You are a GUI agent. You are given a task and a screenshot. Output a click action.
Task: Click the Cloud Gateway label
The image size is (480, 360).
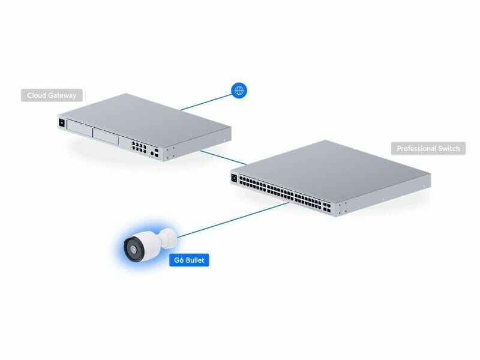[52, 95]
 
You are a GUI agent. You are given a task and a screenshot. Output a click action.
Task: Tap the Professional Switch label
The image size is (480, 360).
[428, 148]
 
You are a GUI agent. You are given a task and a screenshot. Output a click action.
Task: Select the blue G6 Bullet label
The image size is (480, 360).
[189, 260]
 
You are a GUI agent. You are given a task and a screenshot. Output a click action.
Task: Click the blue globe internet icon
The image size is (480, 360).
[239, 91]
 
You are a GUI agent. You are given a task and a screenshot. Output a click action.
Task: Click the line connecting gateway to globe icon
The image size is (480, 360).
[206, 102]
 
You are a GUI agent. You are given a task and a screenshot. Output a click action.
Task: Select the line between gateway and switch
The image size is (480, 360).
[223, 157]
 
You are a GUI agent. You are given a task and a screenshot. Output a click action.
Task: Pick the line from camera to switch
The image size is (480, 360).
[233, 220]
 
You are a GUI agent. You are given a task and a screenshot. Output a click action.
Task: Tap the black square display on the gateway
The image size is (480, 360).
[62, 123]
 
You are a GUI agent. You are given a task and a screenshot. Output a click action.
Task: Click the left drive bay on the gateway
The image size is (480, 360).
[80, 128]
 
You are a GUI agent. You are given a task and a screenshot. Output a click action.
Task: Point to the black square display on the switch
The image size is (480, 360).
[234, 178]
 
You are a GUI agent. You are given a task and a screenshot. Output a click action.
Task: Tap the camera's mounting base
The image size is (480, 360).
[169, 238]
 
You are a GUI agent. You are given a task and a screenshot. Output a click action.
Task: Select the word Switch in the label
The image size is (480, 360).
[449, 148]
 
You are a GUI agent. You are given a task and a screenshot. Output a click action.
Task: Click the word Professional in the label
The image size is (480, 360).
[416, 148]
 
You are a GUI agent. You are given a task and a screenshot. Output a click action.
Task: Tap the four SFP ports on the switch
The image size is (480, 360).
[327, 208]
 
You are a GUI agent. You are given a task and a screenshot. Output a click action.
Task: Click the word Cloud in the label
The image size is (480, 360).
[36, 95]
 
